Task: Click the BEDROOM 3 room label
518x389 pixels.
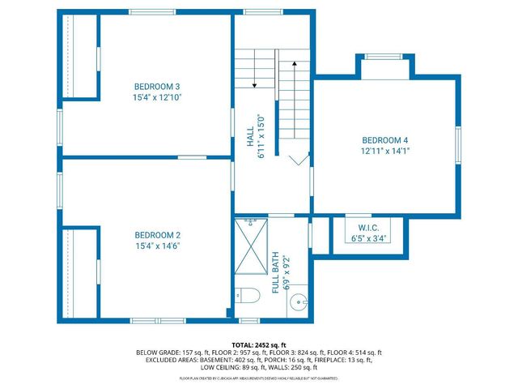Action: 157,87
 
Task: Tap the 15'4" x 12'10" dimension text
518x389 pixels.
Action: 157,97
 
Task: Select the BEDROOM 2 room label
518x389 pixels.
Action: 157,234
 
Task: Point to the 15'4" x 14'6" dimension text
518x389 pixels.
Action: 157,246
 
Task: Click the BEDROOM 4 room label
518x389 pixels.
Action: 385,139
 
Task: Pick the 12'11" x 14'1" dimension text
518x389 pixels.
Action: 385,151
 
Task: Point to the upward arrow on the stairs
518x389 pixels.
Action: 295,62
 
